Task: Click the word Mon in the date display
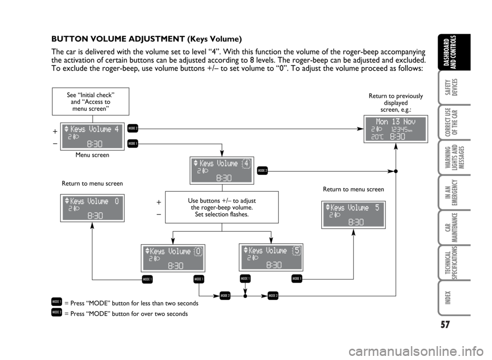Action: pos(382,122)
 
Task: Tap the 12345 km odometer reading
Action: pos(398,130)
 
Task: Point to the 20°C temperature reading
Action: pos(377,137)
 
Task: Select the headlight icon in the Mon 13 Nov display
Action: pos(380,130)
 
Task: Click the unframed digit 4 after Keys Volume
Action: pos(117,129)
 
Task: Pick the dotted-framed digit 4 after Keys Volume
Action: pos(246,163)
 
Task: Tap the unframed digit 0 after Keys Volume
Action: pos(117,201)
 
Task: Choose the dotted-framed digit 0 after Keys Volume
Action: pos(198,251)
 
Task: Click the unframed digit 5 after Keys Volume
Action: pos(377,208)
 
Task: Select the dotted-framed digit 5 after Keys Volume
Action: pos(297,250)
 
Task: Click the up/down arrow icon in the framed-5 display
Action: pos(245,250)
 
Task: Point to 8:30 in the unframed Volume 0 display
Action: pos(95,216)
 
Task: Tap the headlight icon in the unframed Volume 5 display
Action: pos(337,215)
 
